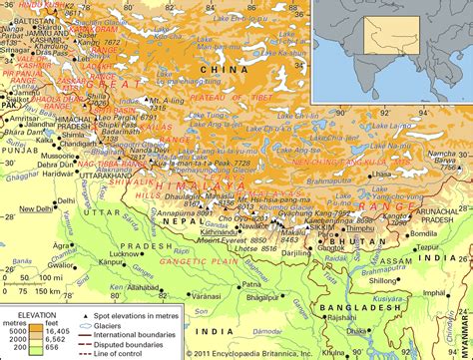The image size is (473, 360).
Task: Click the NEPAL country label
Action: click(183, 227)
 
